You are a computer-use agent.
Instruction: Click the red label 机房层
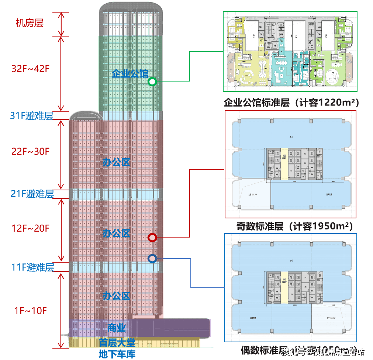pos(30,23)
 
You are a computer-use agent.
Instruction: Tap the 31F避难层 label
pos(32,116)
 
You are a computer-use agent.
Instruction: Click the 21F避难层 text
pos(32,194)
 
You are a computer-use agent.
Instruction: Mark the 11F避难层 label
pos(32,267)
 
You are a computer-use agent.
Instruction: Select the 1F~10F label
pos(31,310)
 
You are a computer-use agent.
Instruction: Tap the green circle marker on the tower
pos(152,82)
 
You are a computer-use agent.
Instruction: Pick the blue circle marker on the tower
pos(152,259)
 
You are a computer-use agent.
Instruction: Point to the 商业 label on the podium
pos(117,328)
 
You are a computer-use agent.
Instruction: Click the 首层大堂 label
pos(117,343)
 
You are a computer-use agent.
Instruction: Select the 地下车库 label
pos(117,354)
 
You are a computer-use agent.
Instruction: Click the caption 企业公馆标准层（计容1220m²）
pos(291,102)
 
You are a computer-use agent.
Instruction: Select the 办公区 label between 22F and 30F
pos(117,162)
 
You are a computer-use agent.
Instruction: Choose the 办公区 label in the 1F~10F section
pos(117,295)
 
